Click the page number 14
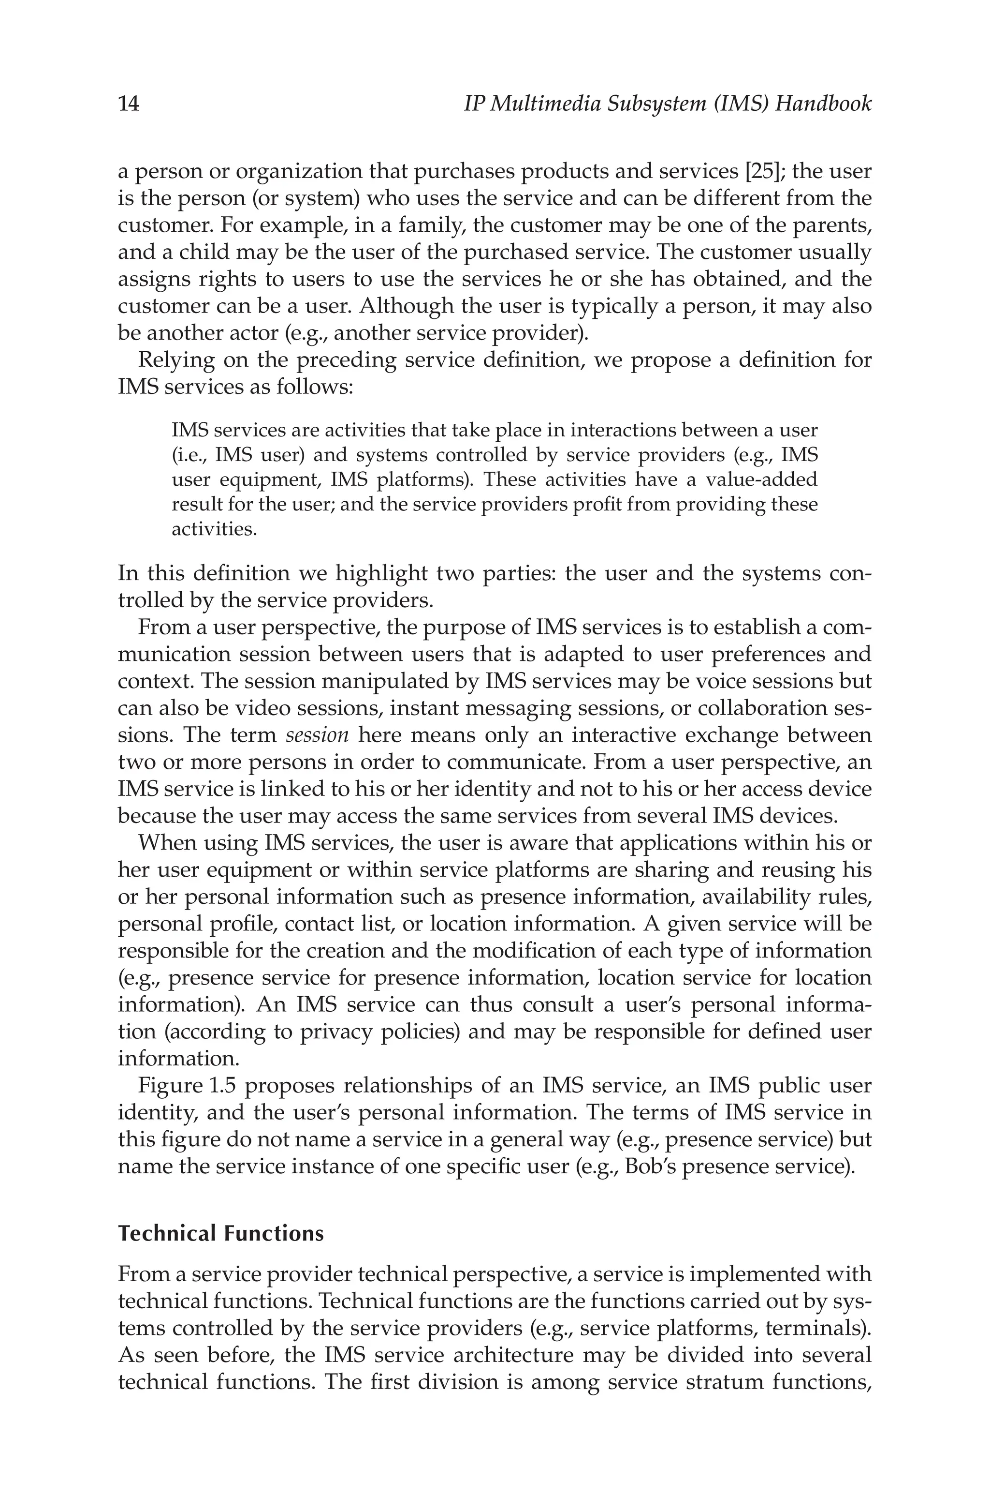[x=128, y=104]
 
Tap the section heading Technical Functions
[x=220, y=1233]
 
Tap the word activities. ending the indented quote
[x=214, y=529]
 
